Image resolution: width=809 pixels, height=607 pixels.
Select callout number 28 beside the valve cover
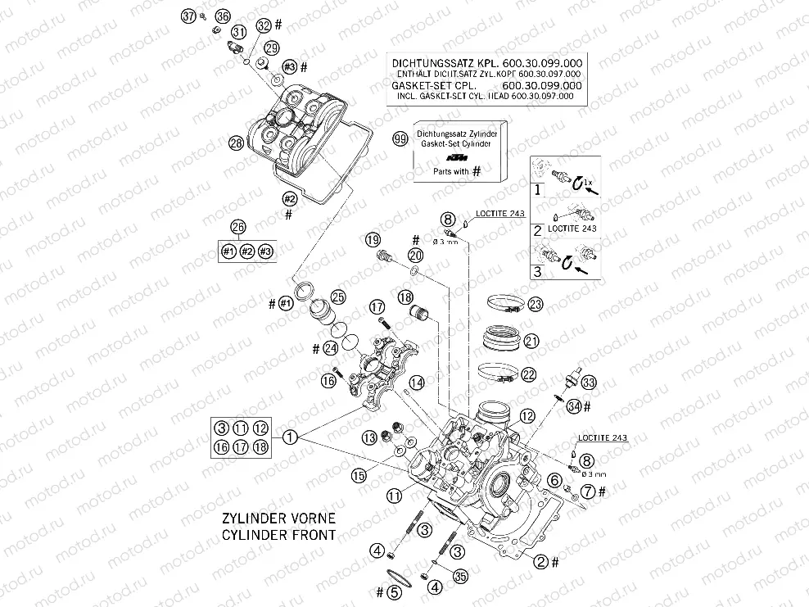tap(236, 143)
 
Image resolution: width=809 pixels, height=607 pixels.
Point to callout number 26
tap(237, 227)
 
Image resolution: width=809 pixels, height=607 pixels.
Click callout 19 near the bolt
tap(373, 239)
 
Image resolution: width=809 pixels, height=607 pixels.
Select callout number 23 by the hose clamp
tap(535, 304)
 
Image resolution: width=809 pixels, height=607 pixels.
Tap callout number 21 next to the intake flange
tap(531, 341)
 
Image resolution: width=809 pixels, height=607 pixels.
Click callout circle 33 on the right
tap(589, 381)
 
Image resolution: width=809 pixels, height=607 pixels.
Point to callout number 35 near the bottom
tap(460, 577)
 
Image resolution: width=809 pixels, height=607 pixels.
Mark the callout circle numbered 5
tap(394, 591)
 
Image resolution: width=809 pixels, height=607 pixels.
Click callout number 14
tap(417, 383)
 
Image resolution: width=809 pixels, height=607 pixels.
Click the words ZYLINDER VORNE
tap(276, 519)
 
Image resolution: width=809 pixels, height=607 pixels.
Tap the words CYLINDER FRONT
tap(278, 535)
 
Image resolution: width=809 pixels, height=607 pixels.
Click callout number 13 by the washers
tap(369, 437)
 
